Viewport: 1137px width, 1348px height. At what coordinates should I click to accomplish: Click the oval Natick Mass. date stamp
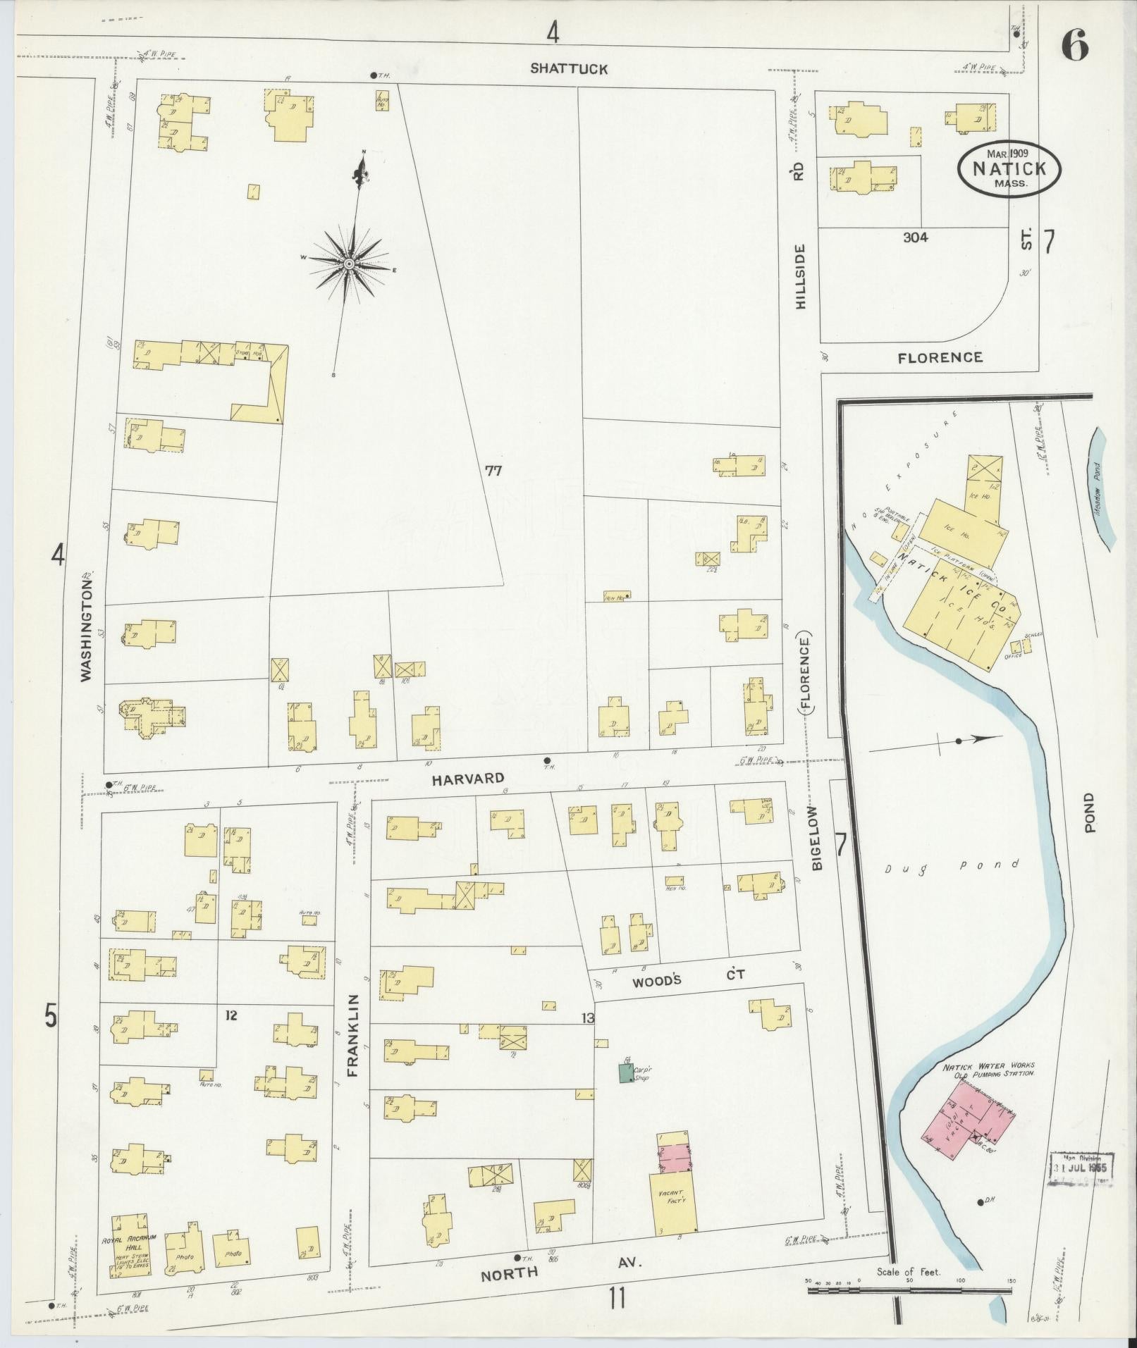point(1009,170)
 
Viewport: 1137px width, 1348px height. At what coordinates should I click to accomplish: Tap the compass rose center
point(348,264)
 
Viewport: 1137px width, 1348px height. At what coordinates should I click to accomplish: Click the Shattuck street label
point(569,68)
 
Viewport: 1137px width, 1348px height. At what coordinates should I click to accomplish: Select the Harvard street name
point(468,778)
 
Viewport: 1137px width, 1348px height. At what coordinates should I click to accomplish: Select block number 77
point(493,471)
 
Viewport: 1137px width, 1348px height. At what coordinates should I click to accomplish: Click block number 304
point(915,237)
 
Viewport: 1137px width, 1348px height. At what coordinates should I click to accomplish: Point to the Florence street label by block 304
point(940,357)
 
